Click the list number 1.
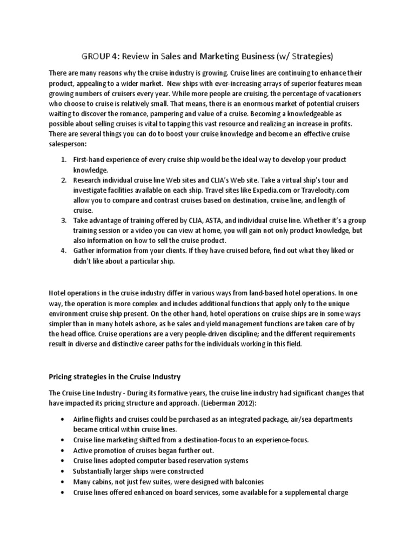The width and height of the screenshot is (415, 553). tap(63, 160)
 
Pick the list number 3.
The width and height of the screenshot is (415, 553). tap(63, 220)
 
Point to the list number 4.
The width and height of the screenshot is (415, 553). tap(63, 251)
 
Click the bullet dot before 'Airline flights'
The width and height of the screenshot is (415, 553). tap(64, 419)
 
